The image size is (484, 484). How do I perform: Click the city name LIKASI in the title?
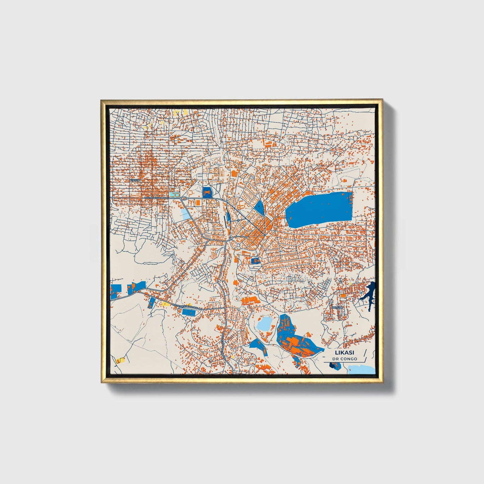344,352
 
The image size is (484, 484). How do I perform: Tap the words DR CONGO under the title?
344,359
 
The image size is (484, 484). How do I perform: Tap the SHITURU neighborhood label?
337,307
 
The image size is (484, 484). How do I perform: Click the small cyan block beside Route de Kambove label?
174,195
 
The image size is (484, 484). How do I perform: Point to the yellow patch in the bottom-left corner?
120,361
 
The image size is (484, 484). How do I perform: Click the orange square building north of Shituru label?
343,296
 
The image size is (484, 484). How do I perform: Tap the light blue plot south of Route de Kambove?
185,214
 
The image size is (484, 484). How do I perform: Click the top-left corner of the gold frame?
101,100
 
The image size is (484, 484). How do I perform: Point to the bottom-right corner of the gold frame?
382,383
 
